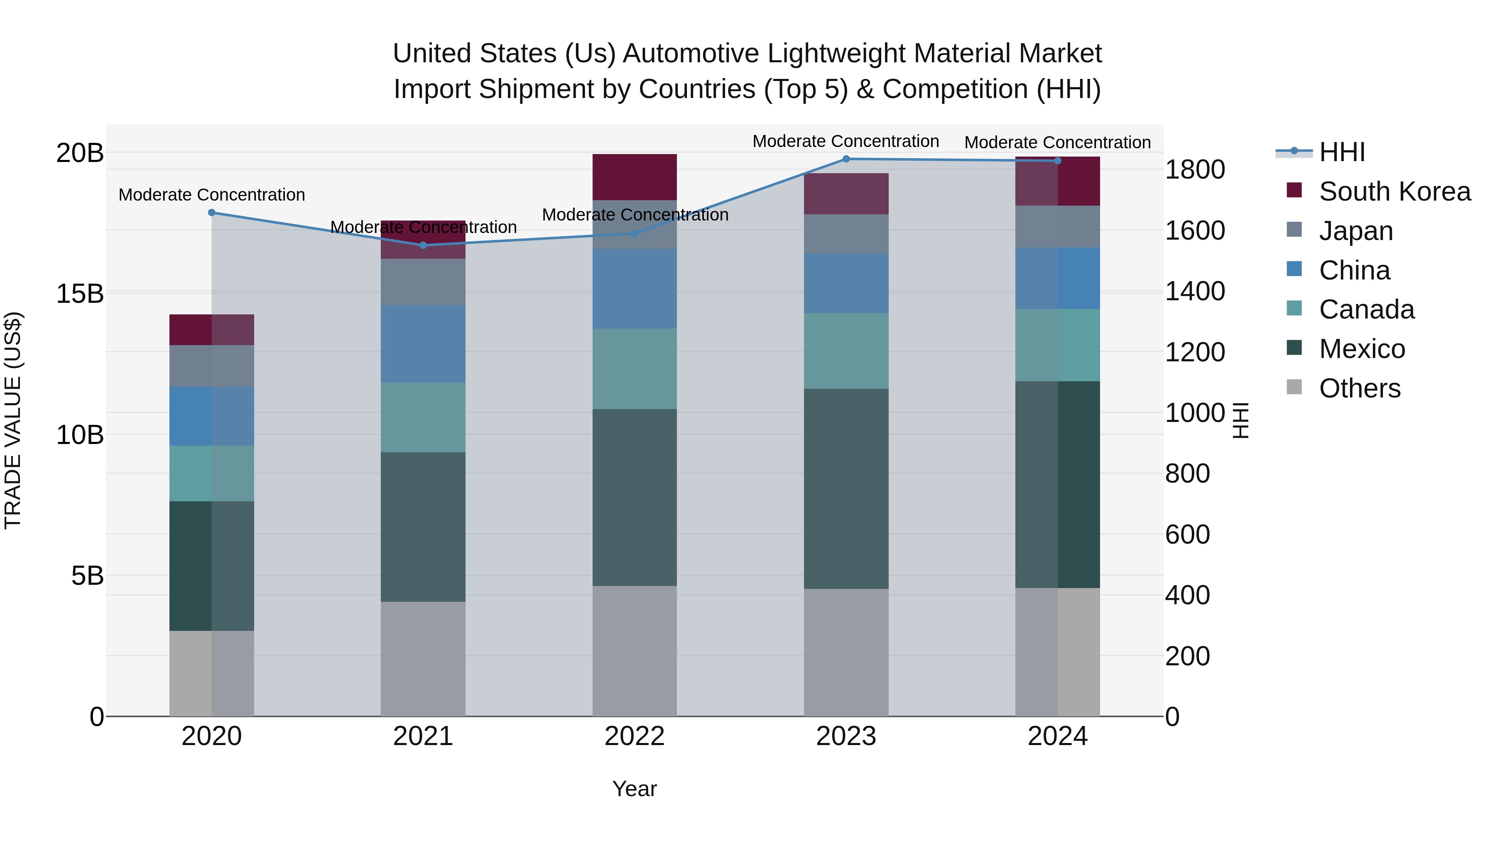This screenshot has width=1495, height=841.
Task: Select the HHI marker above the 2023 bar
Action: click(846, 159)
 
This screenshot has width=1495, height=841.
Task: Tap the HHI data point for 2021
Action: click(423, 245)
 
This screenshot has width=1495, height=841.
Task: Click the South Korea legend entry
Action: click(1394, 191)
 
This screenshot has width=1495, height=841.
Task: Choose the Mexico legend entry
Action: click(1362, 349)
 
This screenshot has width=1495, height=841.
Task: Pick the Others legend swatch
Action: click(1294, 387)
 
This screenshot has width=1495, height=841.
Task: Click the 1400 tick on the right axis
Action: click(1195, 292)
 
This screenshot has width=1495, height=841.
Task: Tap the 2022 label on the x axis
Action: click(634, 736)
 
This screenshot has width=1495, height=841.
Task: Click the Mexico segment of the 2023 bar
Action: click(846, 489)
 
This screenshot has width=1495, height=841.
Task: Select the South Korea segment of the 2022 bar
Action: click(634, 177)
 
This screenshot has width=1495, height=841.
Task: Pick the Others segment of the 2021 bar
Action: click(423, 659)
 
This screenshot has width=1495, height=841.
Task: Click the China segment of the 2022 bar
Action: click(634, 289)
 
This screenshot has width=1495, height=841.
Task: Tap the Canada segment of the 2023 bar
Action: click(846, 351)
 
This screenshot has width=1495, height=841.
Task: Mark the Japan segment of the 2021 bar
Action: click(423, 282)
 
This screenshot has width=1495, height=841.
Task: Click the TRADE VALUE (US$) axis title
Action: click(13, 420)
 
